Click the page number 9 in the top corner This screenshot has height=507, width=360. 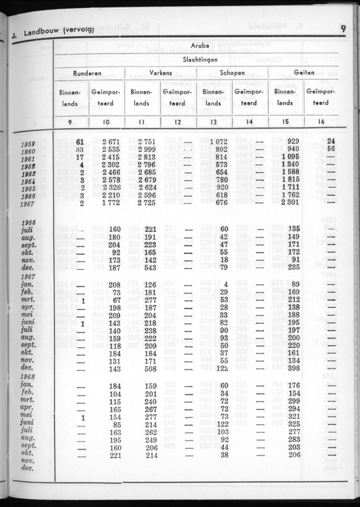click(343, 28)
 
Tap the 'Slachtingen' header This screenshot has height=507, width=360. click(200, 60)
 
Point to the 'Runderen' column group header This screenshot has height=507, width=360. click(87, 73)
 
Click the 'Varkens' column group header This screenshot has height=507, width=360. click(161, 73)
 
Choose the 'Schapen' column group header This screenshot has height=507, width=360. click(233, 73)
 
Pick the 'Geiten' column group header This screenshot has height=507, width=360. click(304, 73)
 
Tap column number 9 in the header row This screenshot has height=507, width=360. click(70, 122)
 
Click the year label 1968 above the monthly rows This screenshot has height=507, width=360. click(28, 377)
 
